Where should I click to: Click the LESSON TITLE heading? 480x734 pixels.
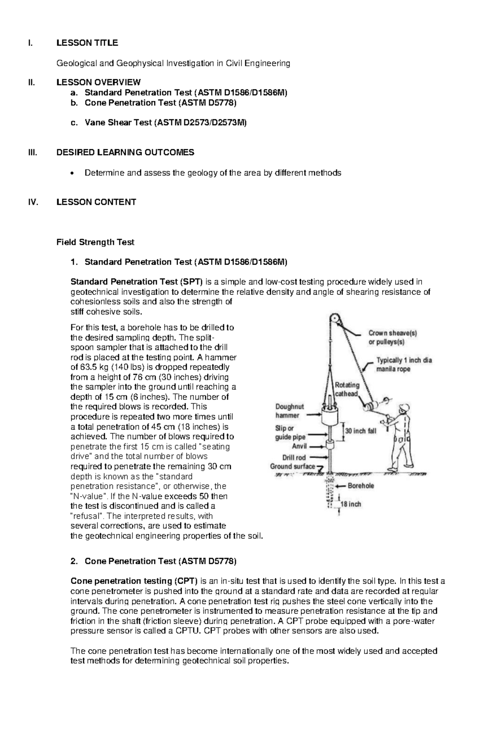87,43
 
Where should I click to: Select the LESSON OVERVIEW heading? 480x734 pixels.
98,82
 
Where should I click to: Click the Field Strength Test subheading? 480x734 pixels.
95,242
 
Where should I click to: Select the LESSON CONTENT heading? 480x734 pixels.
96,202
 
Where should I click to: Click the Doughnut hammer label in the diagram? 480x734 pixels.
290,411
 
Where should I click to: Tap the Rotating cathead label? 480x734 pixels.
347,389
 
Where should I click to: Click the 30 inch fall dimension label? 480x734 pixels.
360,432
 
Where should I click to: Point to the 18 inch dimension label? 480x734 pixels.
350,504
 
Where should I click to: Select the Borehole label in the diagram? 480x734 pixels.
361,486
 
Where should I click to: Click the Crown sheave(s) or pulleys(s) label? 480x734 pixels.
392,337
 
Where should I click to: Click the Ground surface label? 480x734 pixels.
292,466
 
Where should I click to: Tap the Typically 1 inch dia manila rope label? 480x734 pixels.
404,364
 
